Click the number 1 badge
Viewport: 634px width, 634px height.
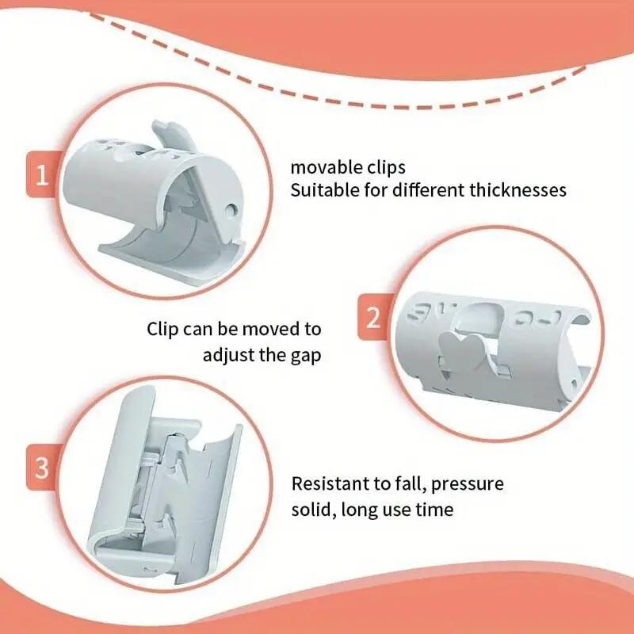[x=41, y=174]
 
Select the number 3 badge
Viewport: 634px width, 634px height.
[x=41, y=468]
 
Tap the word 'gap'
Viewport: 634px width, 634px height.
[x=306, y=354]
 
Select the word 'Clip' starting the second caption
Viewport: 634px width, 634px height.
[x=163, y=329]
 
